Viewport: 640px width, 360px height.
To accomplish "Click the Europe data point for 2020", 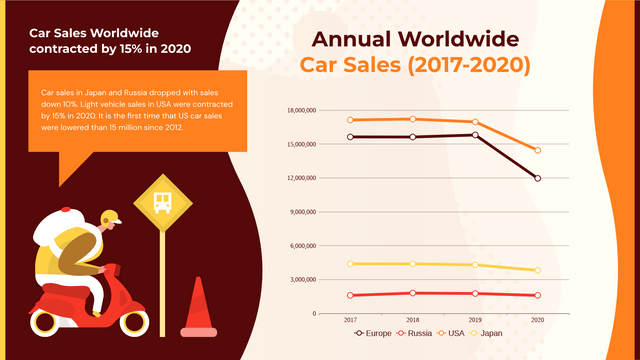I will pyautogui.click(x=538, y=179).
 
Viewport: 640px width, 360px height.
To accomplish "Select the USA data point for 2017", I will pyautogui.click(x=350, y=120).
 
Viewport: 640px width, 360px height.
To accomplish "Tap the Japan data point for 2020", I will pyautogui.click(x=538, y=270).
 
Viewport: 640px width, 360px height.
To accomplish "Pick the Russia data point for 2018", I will pyautogui.click(x=413, y=293).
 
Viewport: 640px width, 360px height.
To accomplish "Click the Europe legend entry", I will pyautogui.click(x=371, y=332).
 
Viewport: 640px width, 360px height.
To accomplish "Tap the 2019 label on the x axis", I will pyautogui.click(x=475, y=319).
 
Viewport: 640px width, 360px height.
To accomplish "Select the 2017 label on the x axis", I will pyautogui.click(x=350, y=319).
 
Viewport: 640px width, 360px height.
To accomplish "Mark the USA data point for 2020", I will pyautogui.click(x=538, y=150).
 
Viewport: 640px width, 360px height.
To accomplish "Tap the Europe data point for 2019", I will pyautogui.click(x=475, y=135).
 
